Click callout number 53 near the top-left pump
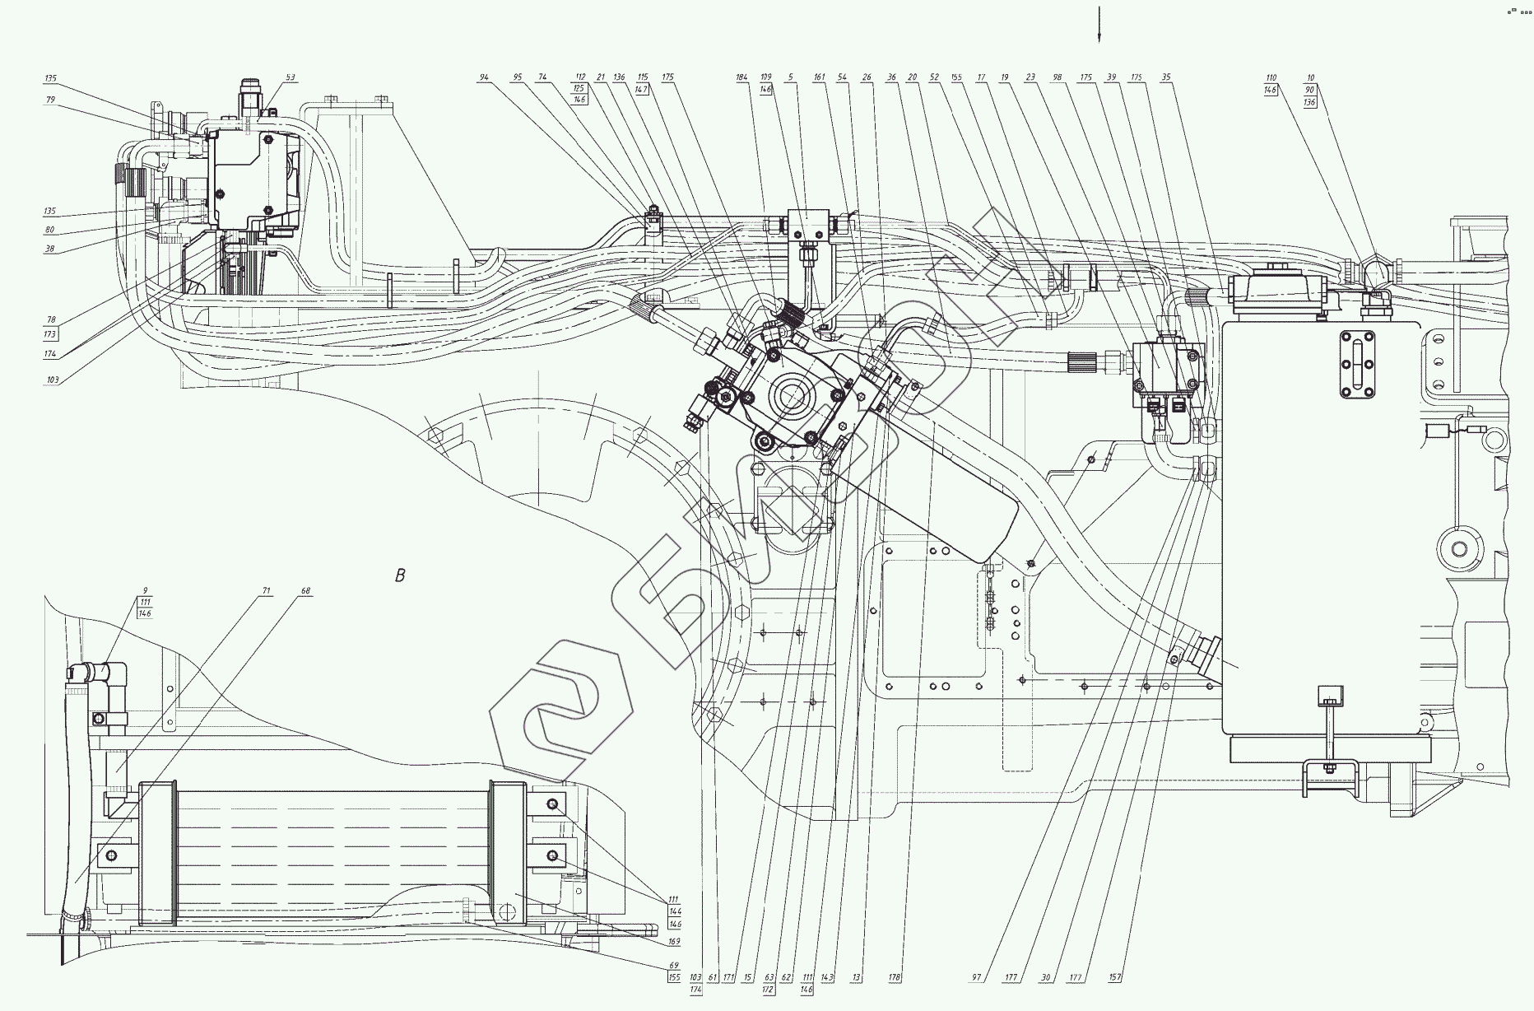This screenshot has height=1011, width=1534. pyautogui.click(x=291, y=77)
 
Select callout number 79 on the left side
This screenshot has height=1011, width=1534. pyautogui.click(x=51, y=99)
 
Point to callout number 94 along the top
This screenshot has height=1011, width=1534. pyautogui.click(x=484, y=77)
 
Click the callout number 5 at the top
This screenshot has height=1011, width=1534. pyautogui.click(x=790, y=77)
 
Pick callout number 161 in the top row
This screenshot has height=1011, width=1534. pyautogui.click(x=819, y=77)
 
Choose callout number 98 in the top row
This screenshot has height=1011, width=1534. pyautogui.click(x=1058, y=77)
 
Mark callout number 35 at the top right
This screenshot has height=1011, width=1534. pyautogui.click(x=1166, y=77)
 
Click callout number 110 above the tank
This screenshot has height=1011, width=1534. pyautogui.click(x=1271, y=77)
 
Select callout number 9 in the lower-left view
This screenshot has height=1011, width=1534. pyautogui.click(x=145, y=591)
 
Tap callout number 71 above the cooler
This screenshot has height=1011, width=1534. pyautogui.click(x=267, y=591)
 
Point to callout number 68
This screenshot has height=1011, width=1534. pyautogui.click(x=306, y=591)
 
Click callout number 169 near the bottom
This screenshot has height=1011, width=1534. pyautogui.click(x=675, y=941)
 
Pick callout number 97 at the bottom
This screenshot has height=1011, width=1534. pyautogui.click(x=977, y=978)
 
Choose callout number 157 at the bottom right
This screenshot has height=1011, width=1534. pyautogui.click(x=1116, y=978)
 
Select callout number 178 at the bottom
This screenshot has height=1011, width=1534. pyautogui.click(x=895, y=978)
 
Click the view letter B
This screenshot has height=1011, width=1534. pyautogui.click(x=401, y=575)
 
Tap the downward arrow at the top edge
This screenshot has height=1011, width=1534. pyautogui.click(x=1099, y=25)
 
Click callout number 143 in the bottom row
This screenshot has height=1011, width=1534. pyautogui.click(x=827, y=978)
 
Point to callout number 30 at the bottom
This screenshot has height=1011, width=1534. pyautogui.click(x=1046, y=978)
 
